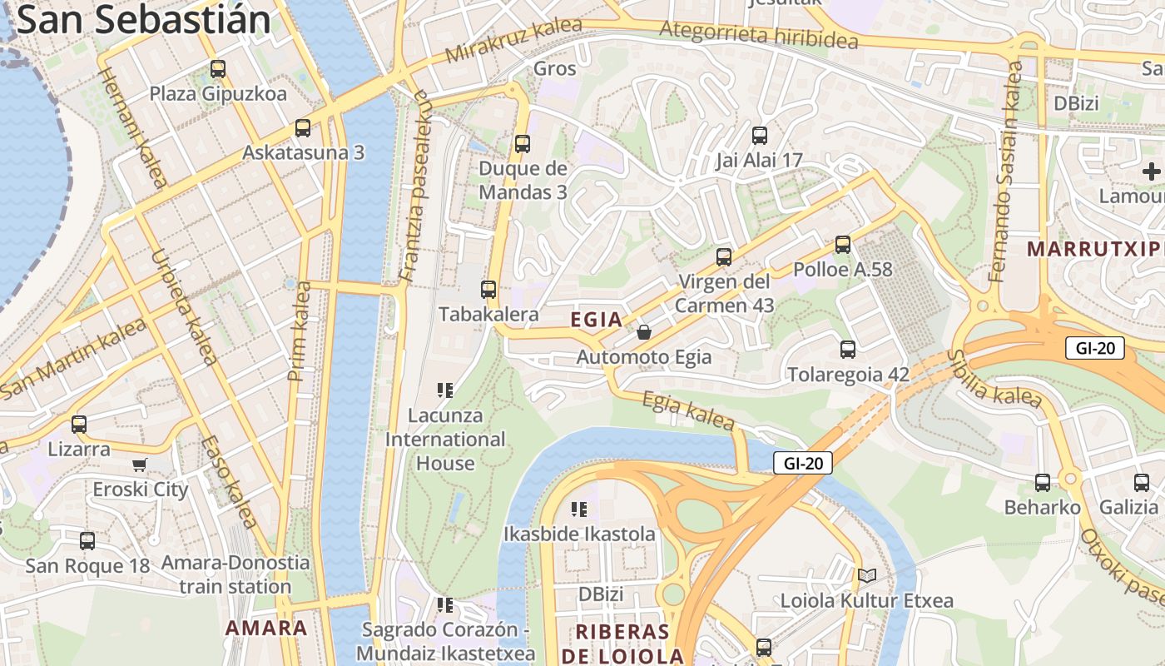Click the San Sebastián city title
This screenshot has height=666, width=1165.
point(143,20)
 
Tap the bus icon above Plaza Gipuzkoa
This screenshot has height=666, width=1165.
point(218,69)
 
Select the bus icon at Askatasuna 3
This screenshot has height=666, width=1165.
point(303,128)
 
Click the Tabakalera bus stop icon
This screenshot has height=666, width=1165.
point(488,290)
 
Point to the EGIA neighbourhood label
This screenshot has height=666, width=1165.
point(597,320)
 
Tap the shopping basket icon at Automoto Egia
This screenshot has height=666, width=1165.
point(644,333)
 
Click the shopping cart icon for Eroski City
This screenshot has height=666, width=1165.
point(140,465)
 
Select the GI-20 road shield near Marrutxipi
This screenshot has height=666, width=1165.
point(1094,348)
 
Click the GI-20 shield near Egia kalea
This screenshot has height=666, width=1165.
point(802,464)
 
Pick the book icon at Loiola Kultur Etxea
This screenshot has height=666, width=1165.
point(867,575)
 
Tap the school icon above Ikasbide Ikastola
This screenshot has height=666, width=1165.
point(579,509)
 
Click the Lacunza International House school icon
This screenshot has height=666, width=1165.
point(444,390)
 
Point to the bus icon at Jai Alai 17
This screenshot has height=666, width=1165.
point(759,136)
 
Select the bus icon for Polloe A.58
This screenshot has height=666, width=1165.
point(843,245)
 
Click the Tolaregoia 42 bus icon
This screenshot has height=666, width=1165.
point(848,350)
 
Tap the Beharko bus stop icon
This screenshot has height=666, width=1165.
point(1042,482)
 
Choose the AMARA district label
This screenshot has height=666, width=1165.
point(266,628)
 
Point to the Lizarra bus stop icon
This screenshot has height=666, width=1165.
point(79,425)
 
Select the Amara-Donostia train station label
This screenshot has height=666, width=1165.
point(235,574)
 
